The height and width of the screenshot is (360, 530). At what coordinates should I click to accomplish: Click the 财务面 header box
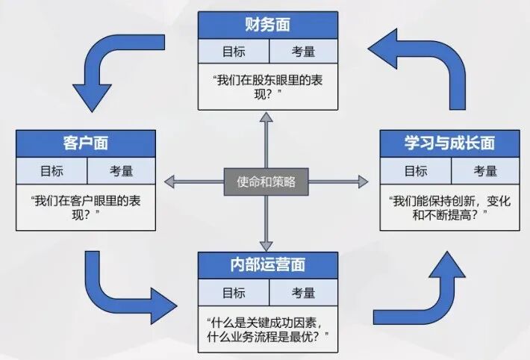[267, 25]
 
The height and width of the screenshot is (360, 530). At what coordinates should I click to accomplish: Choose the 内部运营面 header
[267, 265]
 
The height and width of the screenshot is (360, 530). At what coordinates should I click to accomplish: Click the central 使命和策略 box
[266, 181]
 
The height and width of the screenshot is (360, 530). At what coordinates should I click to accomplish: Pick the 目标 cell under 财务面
[233, 51]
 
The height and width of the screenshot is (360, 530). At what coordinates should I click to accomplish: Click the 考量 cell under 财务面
[302, 51]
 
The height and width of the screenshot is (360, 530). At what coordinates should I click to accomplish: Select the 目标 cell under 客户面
[52, 171]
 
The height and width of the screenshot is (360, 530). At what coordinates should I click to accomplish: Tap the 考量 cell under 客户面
[121, 171]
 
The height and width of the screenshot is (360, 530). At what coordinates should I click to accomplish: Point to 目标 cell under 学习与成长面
[415, 171]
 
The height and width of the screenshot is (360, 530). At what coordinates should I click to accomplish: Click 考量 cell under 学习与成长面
[484, 171]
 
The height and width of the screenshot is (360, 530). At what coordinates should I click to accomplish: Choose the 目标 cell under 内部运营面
[233, 292]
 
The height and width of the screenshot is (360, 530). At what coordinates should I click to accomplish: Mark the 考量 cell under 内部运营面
[302, 292]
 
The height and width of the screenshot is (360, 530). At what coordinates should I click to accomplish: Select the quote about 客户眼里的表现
[86, 207]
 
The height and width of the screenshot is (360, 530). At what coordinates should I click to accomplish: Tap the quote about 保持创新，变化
[449, 207]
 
